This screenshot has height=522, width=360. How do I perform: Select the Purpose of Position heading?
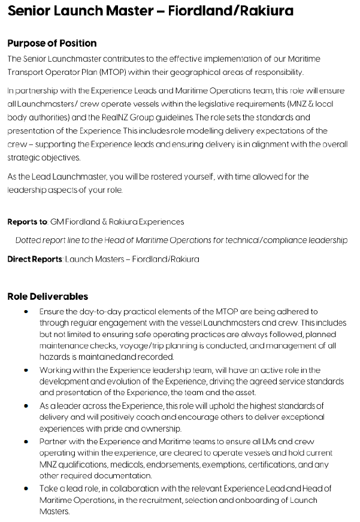point(52,44)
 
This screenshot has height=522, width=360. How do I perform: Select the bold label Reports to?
point(27,222)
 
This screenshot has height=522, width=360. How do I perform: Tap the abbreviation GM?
point(58,222)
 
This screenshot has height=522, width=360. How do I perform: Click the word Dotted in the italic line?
point(29,241)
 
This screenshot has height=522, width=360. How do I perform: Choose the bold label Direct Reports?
point(35,259)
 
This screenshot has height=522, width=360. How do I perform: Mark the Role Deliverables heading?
point(47,296)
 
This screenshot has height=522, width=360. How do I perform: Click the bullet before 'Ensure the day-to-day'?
point(26,312)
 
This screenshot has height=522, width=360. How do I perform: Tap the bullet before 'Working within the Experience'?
point(26,371)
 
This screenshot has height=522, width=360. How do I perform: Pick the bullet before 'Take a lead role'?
point(26,488)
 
